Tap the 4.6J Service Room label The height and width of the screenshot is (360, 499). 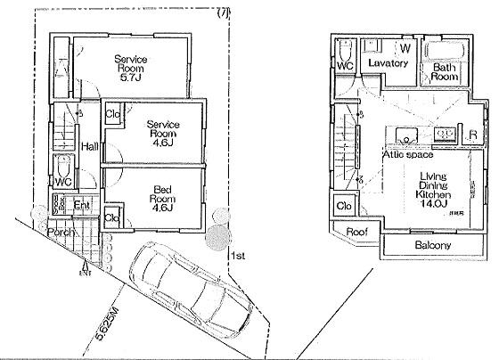pyautogui.click(x=164, y=132)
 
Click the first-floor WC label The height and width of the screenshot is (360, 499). pyautogui.click(x=63, y=182)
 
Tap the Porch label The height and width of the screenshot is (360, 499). pyautogui.click(x=61, y=232)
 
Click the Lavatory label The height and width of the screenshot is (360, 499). pyautogui.click(x=388, y=64)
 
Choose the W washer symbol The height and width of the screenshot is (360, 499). pyautogui.click(x=405, y=47)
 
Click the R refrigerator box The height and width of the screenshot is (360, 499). pyautogui.click(x=471, y=135)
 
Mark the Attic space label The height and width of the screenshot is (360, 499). pyautogui.click(x=408, y=154)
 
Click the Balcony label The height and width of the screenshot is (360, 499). pyautogui.click(x=432, y=245)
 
